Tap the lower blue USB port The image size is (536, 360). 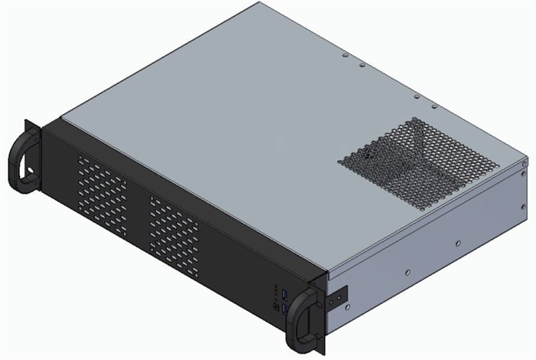pyautogui.click(x=284, y=308)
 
